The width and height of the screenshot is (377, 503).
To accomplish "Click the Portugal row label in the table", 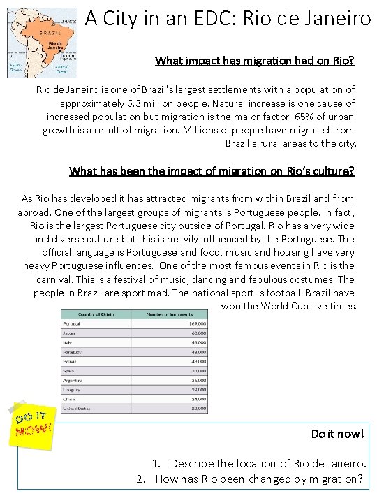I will (x=71, y=324).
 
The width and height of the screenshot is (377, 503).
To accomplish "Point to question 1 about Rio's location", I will (x=256, y=464).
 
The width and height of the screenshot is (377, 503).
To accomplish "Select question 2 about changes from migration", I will (x=249, y=479).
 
